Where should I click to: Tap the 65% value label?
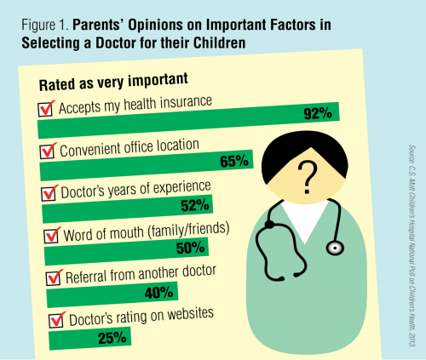click(230, 160)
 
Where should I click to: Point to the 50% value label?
click(188, 249)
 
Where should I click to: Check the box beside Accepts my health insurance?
click(46, 108)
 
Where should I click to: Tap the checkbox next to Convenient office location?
click(49, 150)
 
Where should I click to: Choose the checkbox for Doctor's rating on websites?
click(57, 321)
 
